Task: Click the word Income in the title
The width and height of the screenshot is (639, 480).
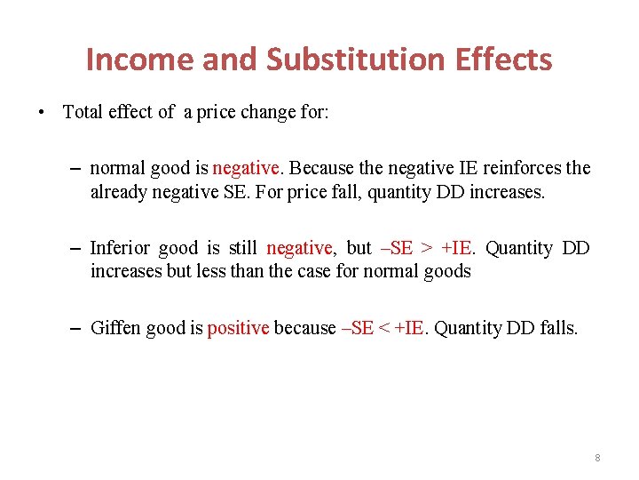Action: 139,60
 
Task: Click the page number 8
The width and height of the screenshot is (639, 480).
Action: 597,458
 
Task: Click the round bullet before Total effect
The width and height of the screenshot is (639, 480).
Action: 42,113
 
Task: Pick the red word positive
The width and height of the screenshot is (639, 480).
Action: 238,328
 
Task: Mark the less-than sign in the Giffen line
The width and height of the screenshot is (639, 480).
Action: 384,328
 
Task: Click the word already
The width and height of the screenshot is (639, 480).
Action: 118,191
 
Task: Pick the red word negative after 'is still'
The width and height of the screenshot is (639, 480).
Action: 299,248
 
